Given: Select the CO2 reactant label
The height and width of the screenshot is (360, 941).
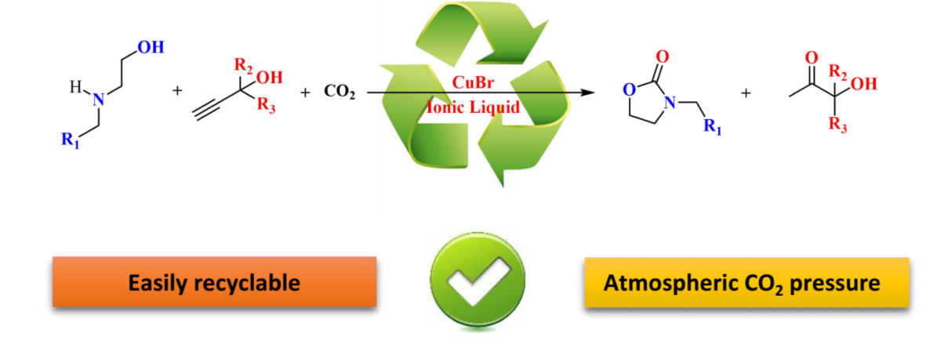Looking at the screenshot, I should (x=340, y=93).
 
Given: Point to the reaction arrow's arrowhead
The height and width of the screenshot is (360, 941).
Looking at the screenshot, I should (x=583, y=93).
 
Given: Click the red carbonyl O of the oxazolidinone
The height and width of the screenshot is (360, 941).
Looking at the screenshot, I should (x=663, y=56).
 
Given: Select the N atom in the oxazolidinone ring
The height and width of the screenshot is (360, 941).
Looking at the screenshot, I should (x=671, y=102).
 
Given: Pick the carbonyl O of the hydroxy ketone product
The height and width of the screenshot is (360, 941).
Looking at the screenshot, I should (x=812, y=57).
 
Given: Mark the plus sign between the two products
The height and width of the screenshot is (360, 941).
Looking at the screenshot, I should (x=746, y=93).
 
